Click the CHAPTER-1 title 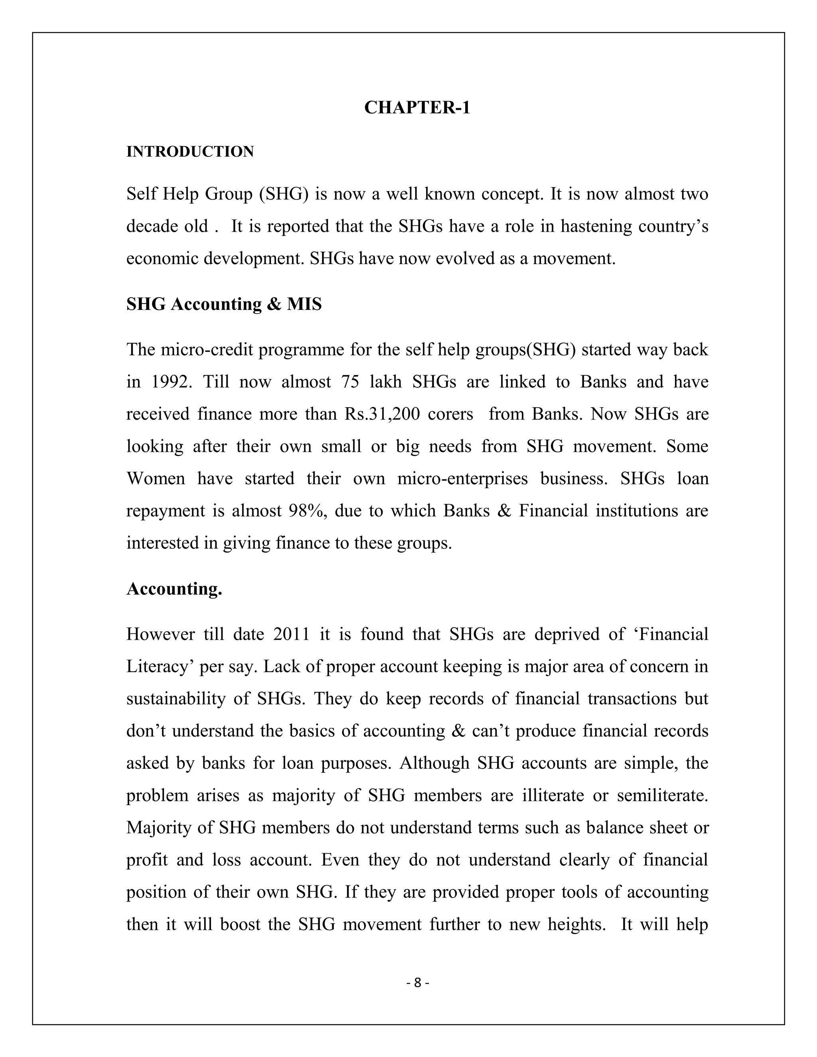(x=417, y=107)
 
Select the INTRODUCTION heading (x=190, y=152)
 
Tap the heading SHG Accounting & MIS (x=224, y=304)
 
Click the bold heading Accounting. (x=174, y=589)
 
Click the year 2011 (x=291, y=635)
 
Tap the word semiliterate (x=662, y=796)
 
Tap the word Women (x=156, y=479)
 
